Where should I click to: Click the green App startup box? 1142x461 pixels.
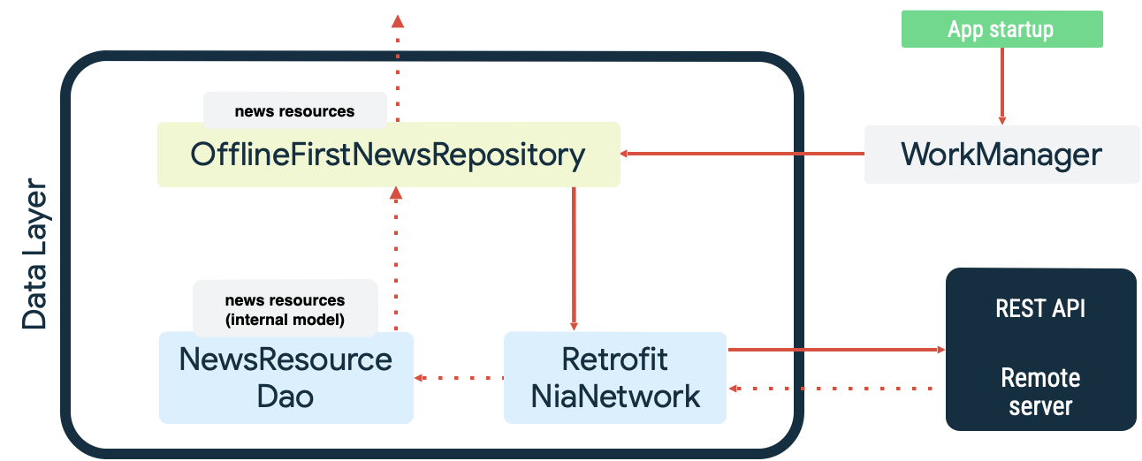pos(1001,29)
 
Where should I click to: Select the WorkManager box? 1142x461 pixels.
pos(1001,155)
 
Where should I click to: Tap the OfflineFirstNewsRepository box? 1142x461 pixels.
pos(388,155)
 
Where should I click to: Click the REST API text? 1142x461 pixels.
pos(1040,308)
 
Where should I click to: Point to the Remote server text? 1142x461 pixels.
pos(1040,391)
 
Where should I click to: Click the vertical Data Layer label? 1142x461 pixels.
pos(34,256)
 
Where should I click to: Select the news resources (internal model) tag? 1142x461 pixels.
pos(285,309)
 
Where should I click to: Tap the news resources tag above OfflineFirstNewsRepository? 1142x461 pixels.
pos(294,111)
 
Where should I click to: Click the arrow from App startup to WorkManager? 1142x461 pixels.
pos(1001,86)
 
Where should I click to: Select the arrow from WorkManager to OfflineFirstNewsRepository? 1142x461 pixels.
pos(742,155)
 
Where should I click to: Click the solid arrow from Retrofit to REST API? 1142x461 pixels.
pos(835,350)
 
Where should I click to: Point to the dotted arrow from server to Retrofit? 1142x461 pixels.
pos(835,388)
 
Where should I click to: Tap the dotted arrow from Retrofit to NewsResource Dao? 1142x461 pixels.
pos(459,378)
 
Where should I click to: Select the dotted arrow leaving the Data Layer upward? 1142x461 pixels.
pos(397,66)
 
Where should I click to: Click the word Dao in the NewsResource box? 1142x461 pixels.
pos(285,396)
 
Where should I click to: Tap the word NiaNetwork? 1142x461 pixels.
pos(615,396)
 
